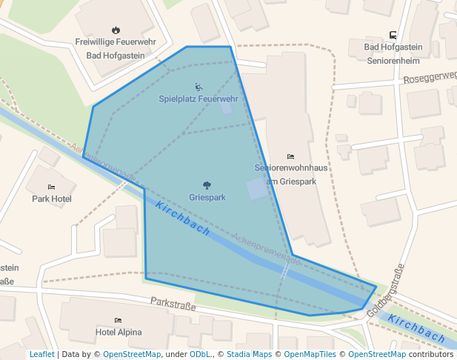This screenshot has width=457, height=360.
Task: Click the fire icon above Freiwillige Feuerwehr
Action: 116,30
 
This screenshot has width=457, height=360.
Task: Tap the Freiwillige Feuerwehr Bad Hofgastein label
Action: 116,49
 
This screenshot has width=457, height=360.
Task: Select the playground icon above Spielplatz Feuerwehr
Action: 198,87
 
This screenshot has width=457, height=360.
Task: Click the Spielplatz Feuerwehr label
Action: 198,99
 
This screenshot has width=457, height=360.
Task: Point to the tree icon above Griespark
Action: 207,185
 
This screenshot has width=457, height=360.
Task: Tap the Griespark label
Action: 207,198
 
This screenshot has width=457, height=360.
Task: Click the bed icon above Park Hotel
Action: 51,187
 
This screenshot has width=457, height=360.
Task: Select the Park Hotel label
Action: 51,199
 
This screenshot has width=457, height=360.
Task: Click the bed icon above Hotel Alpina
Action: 119,320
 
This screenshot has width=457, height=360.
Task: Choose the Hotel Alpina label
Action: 119,333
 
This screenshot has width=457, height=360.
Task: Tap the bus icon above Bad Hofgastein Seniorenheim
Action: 392,35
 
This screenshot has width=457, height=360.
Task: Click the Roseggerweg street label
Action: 430,77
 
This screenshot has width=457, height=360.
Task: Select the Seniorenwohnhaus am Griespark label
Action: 290,174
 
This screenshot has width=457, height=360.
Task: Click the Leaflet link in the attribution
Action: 41,355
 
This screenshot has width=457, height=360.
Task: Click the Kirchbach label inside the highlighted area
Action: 184,219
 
